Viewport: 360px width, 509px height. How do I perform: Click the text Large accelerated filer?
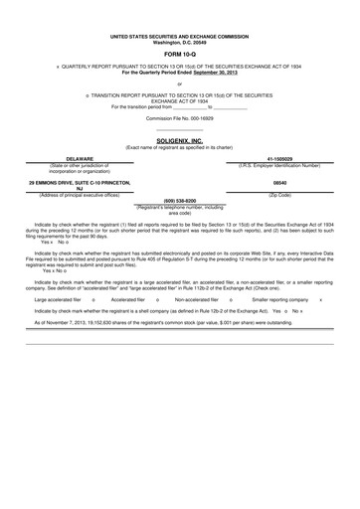pyautogui.click(x=57, y=298)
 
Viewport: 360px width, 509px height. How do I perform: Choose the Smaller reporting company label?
pyautogui.click(x=279, y=298)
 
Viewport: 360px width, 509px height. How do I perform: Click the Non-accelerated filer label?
pyautogui.click(x=198, y=298)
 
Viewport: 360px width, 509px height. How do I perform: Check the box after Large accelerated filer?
pyautogui.click(x=92, y=298)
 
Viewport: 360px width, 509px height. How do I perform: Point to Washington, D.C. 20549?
pyautogui.click(x=179, y=43)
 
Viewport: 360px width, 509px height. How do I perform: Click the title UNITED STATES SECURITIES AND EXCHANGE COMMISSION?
pyautogui.click(x=179, y=38)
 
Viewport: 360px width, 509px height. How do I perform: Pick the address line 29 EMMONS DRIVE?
pyautogui.click(x=80, y=185)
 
